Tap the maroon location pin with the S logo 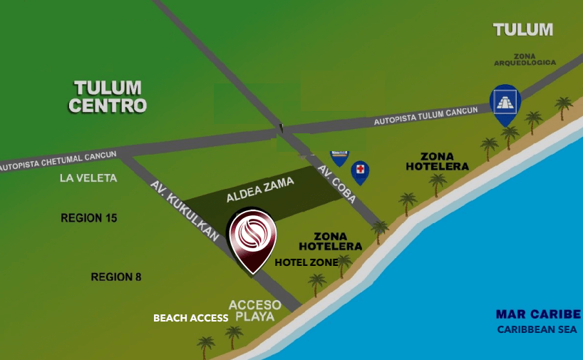click(251, 238)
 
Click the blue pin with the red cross click(361, 171)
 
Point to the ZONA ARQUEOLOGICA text click(525, 59)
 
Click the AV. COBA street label click(337, 184)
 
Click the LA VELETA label click(88, 178)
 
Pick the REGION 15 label click(89, 218)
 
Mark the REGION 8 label click(111, 277)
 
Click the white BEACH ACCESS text click(190, 318)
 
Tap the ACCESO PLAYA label click(254, 310)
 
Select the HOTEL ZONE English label click(306, 262)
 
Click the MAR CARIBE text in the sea click(538, 314)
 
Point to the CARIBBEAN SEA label click(539, 329)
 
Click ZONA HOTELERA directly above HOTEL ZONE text click(330, 241)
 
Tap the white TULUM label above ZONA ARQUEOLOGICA click(523, 30)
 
